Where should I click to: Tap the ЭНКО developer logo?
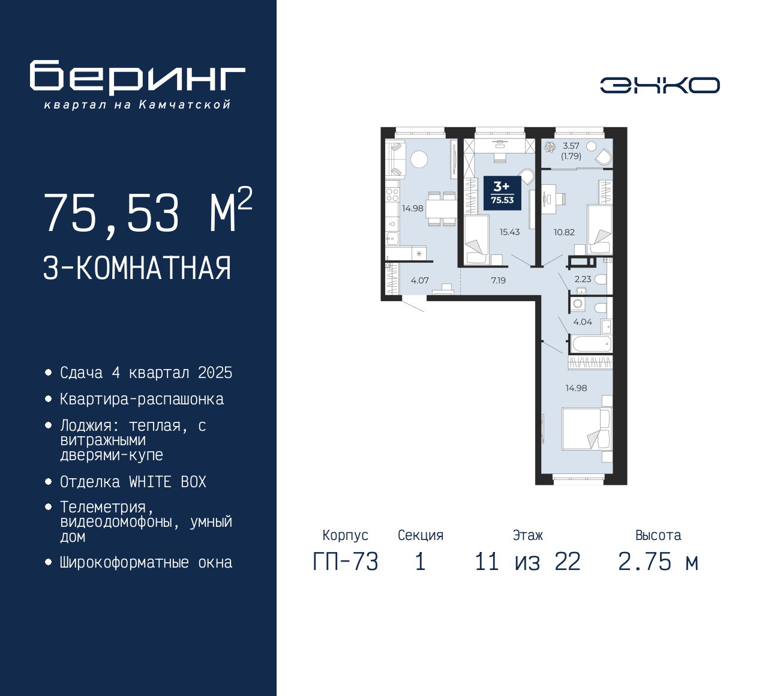click(659, 85)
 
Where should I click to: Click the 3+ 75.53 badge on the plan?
click(502, 193)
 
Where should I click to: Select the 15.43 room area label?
click(509, 232)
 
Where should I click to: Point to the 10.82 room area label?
click(564, 232)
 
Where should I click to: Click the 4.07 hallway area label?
click(419, 280)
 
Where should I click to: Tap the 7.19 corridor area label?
click(499, 280)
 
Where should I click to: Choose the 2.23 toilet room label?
click(583, 279)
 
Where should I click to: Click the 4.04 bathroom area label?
click(583, 322)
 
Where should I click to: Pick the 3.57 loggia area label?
click(571, 146)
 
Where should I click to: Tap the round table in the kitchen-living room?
click(419, 159)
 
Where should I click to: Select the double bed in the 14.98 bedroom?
click(587, 429)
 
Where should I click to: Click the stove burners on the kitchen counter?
click(392, 194)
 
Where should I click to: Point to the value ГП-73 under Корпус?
click(346, 562)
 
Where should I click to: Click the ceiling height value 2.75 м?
click(658, 562)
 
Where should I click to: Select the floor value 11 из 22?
click(527, 562)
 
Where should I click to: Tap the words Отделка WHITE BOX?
click(133, 482)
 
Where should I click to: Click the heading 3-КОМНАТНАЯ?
click(137, 268)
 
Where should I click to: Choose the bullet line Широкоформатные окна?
click(146, 562)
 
